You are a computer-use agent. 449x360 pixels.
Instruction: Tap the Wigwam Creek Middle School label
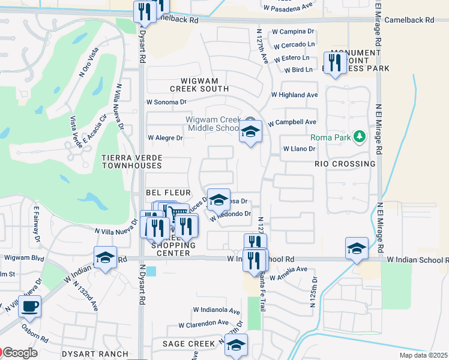[214, 124]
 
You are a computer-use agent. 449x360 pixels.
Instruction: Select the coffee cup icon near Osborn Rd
[29, 306]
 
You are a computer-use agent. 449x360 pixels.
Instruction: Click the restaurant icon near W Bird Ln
[333, 62]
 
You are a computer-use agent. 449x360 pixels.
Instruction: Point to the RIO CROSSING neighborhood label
[345, 164]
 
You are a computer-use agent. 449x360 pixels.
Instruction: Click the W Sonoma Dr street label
[167, 102]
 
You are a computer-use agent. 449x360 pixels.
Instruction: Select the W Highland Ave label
[294, 95]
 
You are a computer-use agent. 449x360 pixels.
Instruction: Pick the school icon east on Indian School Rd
[357, 249]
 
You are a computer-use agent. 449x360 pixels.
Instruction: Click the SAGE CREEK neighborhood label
[188, 344]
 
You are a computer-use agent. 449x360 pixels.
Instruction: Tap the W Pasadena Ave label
[288, 8]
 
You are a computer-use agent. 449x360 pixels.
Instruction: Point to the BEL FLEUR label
[168, 193]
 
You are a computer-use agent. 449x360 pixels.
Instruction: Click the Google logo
[20, 353]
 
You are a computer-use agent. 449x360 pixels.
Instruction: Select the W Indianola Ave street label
[216, 310]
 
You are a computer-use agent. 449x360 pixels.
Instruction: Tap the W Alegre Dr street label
[165, 137]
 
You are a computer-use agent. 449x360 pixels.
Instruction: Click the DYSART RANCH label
[96, 354]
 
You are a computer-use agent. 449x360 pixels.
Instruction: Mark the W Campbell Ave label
[292, 122]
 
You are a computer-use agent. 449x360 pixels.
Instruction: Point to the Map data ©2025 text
[424, 355]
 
